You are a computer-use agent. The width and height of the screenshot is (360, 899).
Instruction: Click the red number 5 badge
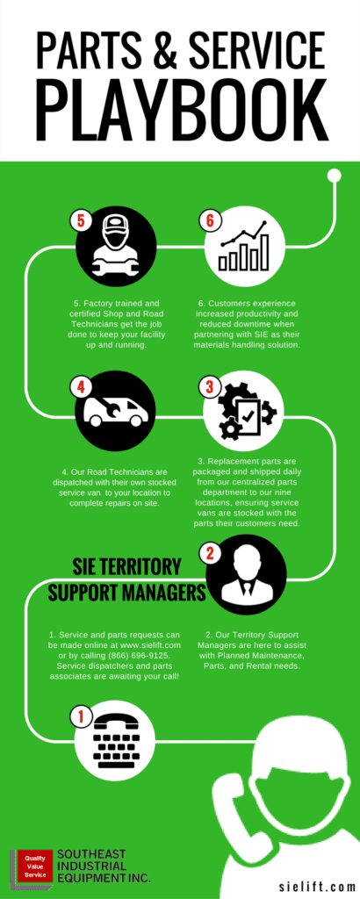[x=81, y=220]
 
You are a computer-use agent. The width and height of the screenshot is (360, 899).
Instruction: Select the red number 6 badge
[x=209, y=220]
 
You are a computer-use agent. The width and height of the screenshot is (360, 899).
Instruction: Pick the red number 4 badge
[x=81, y=387]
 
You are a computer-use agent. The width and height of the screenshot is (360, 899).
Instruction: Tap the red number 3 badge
[x=209, y=387]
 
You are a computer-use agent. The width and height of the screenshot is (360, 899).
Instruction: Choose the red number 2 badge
[x=209, y=553]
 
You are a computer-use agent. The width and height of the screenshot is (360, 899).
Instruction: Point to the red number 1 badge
[x=81, y=716]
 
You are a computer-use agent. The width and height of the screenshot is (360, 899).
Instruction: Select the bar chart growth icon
[x=243, y=248]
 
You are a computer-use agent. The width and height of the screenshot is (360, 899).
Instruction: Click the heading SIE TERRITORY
[x=126, y=567]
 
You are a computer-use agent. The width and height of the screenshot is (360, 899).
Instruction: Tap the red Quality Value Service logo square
[x=35, y=866]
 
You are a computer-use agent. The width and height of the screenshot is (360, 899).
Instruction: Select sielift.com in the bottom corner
[x=317, y=887]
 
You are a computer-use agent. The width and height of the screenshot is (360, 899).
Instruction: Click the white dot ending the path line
[x=334, y=176]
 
